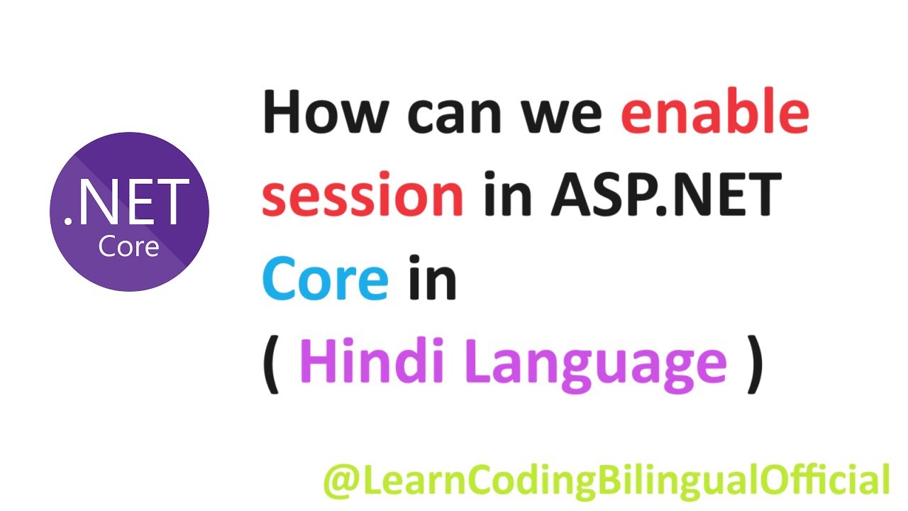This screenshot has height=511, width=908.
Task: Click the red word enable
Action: [715, 114]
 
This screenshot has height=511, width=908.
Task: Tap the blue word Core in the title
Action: [326, 278]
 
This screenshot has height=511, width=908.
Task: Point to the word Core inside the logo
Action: [128, 246]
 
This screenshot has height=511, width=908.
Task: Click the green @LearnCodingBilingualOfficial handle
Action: [606, 480]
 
